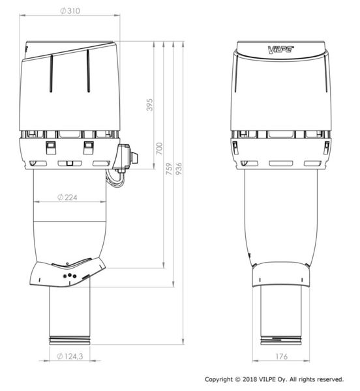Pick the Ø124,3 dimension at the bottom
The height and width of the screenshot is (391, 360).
pyautogui.click(x=70, y=356)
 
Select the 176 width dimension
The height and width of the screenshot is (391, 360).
pyautogui.click(x=281, y=356)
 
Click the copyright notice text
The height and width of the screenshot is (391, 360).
pyautogui.click(x=274, y=379)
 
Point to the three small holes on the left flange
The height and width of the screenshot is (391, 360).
pyautogui.click(x=68, y=276)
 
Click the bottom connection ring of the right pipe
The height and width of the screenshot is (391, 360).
pyautogui.click(x=281, y=340)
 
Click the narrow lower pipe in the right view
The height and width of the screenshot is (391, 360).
pyautogui.click(x=281, y=313)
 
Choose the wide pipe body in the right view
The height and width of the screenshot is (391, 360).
pyautogui.click(x=281, y=215)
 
